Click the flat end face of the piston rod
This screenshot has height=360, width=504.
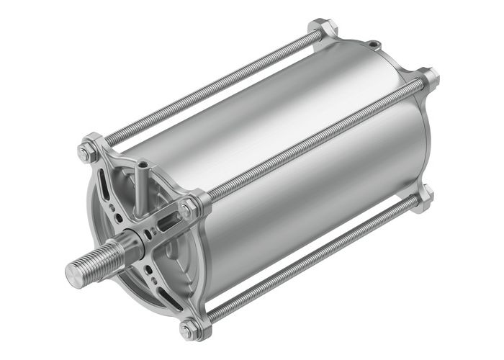[x=76, y=271]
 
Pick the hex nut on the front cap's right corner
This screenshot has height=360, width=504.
[x=189, y=210]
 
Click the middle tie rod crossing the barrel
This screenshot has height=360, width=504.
[x=310, y=143]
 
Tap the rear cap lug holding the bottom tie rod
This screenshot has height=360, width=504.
[x=426, y=194]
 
